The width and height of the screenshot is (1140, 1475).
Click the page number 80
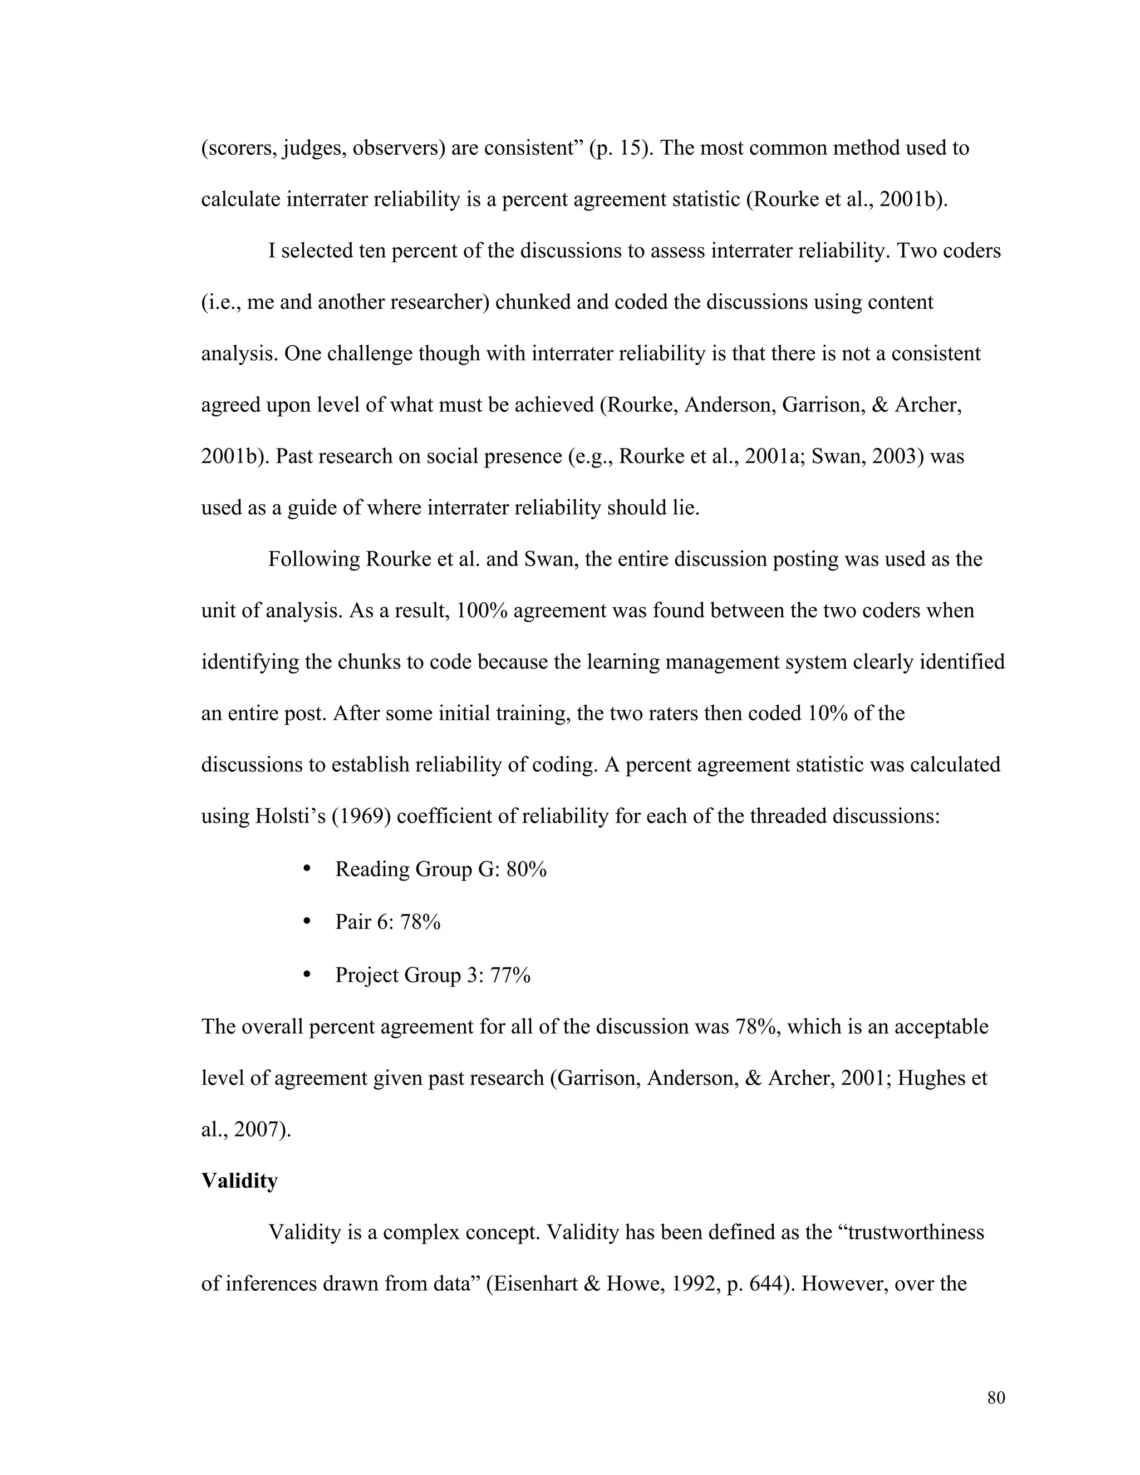(x=995, y=1398)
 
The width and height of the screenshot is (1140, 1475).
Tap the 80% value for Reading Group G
(x=526, y=869)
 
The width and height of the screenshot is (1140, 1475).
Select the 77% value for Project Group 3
(x=510, y=975)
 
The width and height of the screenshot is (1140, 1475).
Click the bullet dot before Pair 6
(x=307, y=921)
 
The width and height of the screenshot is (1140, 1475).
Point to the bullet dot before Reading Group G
(x=307, y=868)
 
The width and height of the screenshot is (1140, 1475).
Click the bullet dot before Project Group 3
(x=307, y=975)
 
